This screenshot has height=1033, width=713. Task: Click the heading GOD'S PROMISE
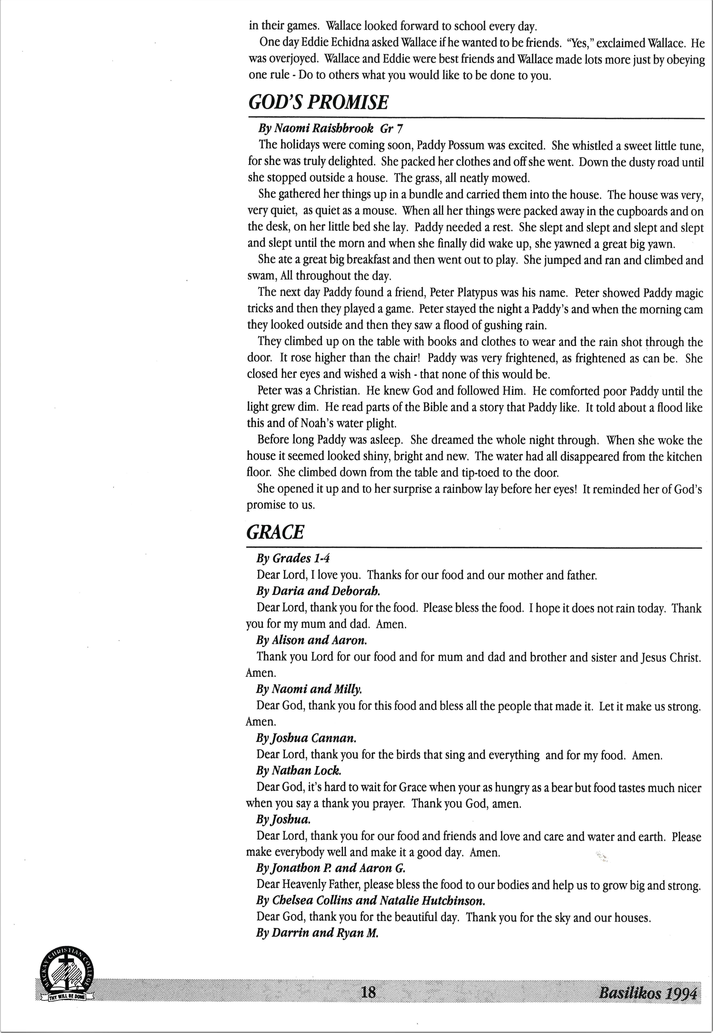318,103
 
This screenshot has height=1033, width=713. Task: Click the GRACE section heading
275,532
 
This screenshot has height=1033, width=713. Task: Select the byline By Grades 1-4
293,558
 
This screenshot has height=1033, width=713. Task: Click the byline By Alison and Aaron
311,640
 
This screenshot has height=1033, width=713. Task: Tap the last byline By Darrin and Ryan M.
317,933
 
